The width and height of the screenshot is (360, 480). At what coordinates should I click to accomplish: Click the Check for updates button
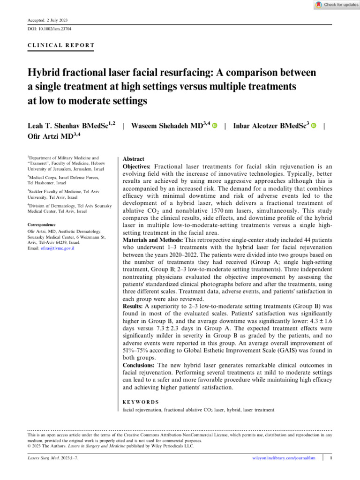pyautogui.click(x=337, y=5)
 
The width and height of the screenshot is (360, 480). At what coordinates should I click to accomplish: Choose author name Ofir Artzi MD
pyautogui.click(x=51, y=136)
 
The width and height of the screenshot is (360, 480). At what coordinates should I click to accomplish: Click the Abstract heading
pyautogui.click(x=133, y=159)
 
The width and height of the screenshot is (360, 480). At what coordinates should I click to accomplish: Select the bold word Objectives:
pyautogui.click(x=137, y=167)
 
